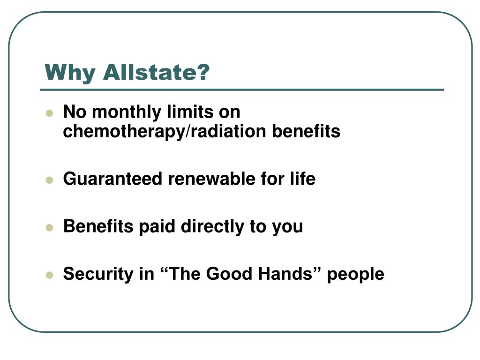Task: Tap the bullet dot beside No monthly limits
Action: click(x=49, y=113)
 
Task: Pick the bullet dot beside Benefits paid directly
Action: click(x=49, y=228)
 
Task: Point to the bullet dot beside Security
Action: click(x=49, y=275)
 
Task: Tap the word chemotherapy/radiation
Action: click(x=166, y=132)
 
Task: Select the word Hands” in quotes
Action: click(x=290, y=274)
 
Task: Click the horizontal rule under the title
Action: click(x=242, y=90)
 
